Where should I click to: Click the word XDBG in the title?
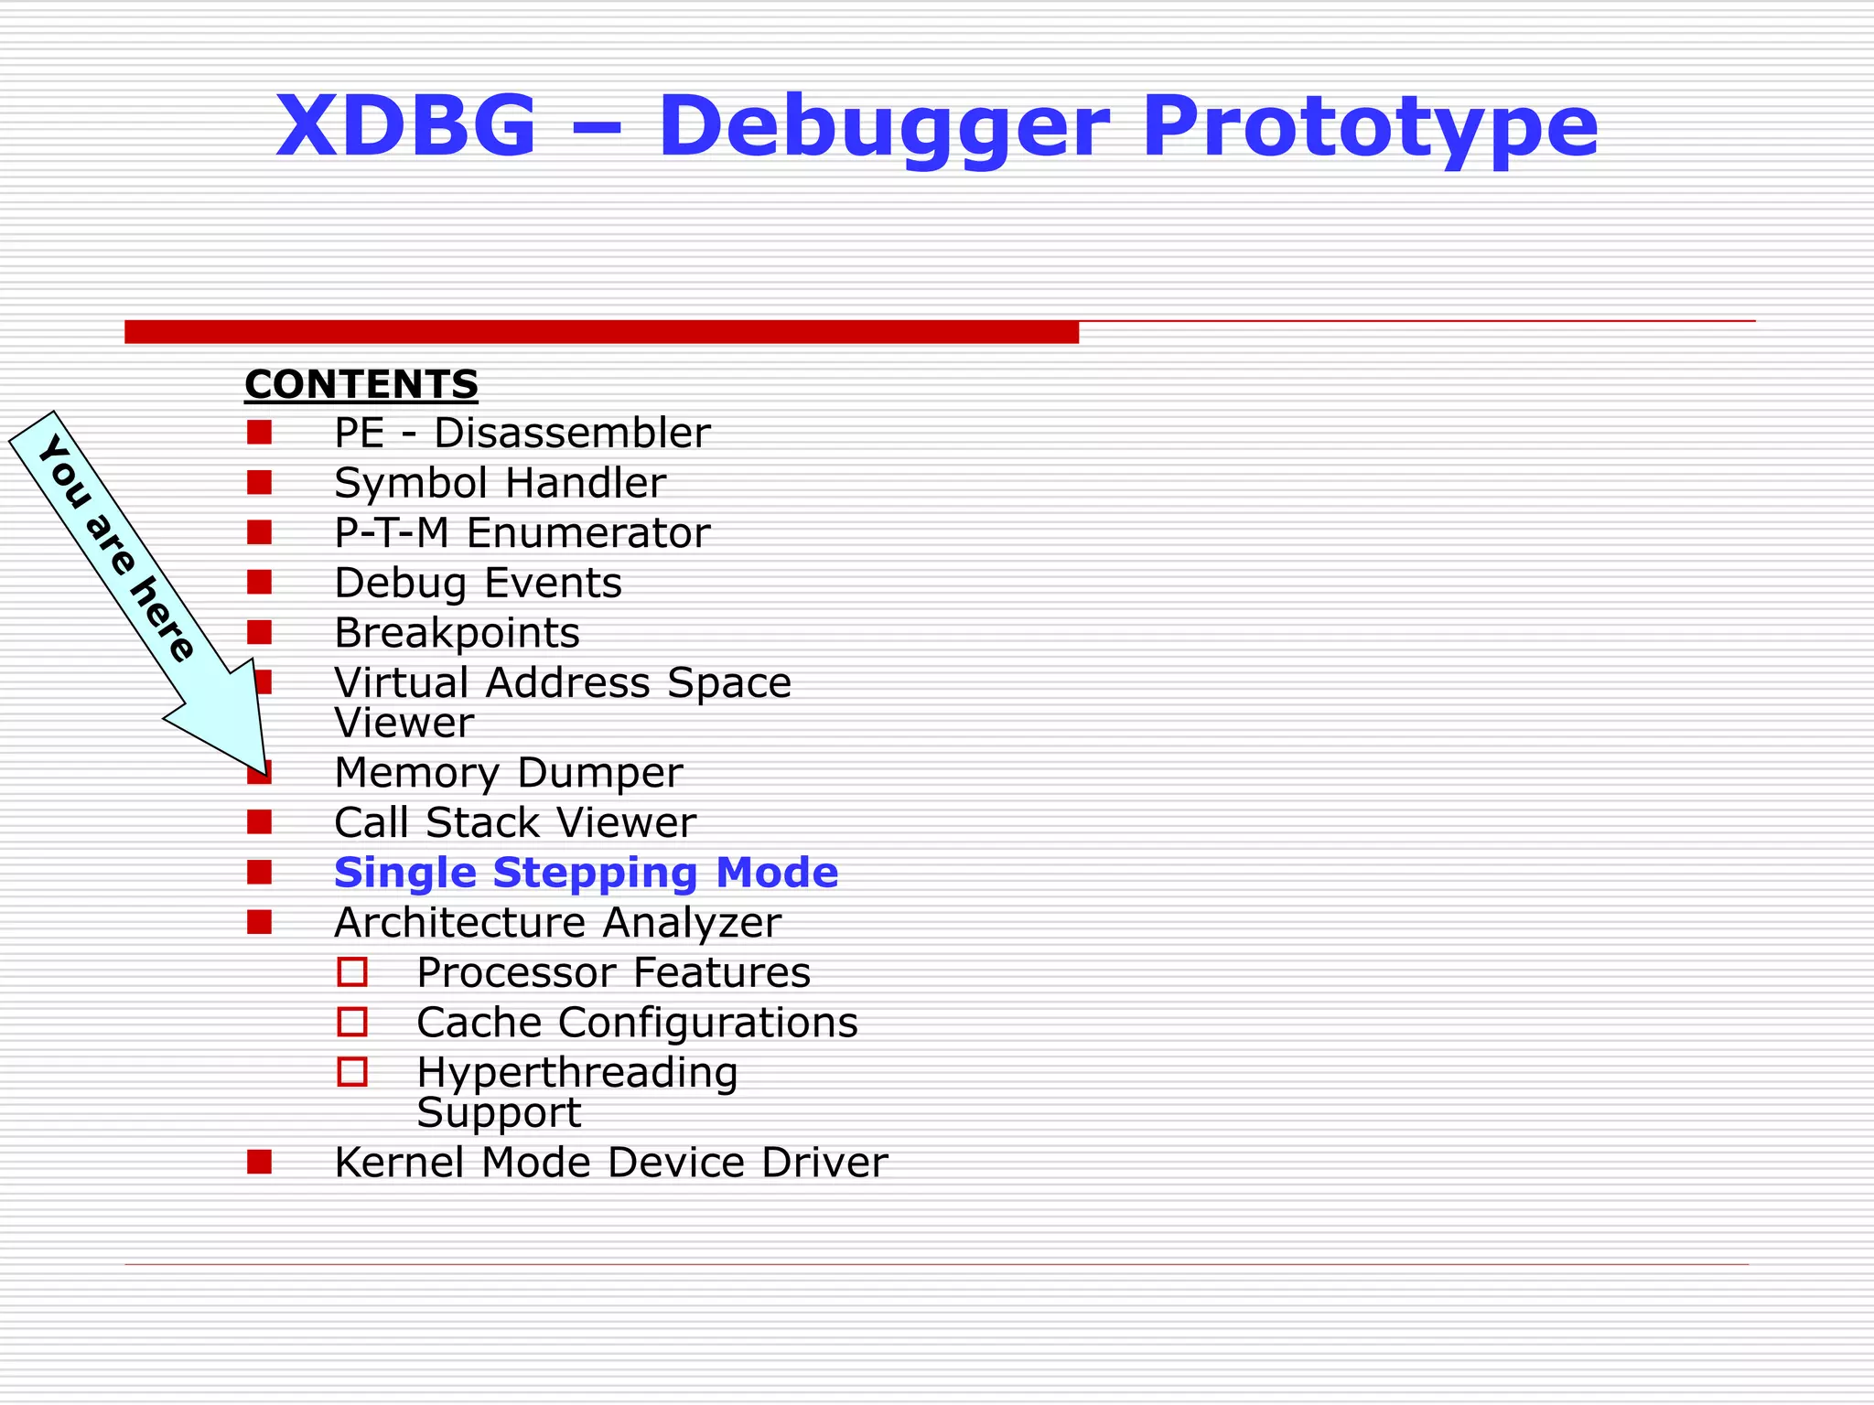(405, 126)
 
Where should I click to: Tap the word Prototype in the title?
(1370, 128)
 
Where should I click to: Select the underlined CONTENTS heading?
(361, 384)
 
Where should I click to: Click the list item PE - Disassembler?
(522, 434)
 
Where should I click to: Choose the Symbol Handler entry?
(500, 484)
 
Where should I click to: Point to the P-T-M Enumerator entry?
(522, 533)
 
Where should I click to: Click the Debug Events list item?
(478, 584)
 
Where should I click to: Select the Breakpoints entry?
(457, 633)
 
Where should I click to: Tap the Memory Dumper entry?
(508, 774)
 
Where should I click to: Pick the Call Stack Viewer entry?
(514, 823)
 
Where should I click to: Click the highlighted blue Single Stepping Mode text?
(586, 873)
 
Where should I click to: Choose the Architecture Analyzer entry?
(557, 923)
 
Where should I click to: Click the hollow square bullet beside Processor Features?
(352, 971)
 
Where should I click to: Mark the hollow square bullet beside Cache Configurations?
(352, 1022)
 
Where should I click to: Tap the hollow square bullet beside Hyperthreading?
(352, 1071)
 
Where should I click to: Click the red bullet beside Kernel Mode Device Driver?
(259, 1162)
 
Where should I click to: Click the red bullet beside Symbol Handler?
(259, 482)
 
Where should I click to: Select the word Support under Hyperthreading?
(499, 1113)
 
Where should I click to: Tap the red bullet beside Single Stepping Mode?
(259, 872)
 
